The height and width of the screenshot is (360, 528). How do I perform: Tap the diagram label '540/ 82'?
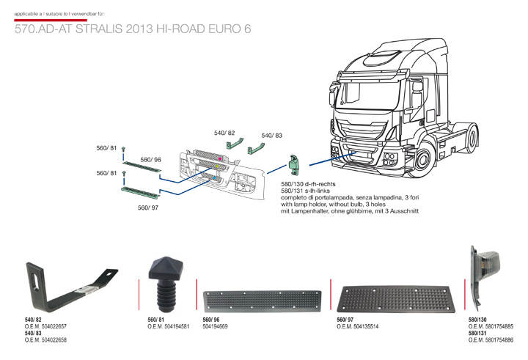pyautogui.click(x=224, y=133)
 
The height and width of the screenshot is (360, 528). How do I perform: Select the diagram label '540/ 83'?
pyautogui.click(x=271, y=136)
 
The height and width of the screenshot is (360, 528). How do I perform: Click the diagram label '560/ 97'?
pyautogui.click(x=148, y=207)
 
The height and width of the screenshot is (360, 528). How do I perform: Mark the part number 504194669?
pyautogui.click(x=217, y=326)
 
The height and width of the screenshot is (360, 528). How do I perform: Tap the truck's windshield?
pyautogui.click(x=364, y=95)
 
